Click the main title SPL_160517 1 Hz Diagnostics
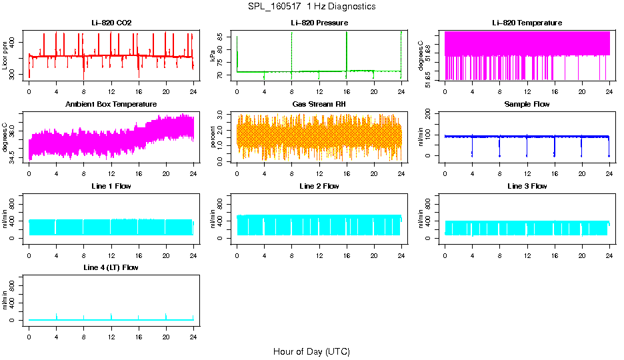coord(311,7)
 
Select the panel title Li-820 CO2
coord(111,23)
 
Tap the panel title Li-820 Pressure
coord(319,23)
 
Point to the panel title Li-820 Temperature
coord(527,23)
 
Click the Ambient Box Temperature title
coord(111,105)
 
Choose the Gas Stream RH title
coord(319,105)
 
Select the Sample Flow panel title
coord(527,105)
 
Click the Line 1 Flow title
coord(111,186)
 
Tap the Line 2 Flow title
coord(319,186)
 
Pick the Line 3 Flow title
coord(527,186)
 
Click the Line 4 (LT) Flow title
coord(111,267)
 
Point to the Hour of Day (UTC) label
coord(311,351)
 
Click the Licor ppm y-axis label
coord(5,55)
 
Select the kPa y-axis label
coord(213,55)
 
